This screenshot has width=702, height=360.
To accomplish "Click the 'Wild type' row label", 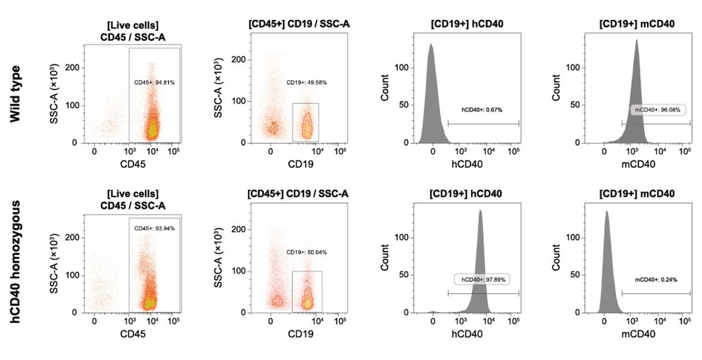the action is [x=15, y=94].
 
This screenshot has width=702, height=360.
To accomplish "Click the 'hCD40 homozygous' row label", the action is [x=15, y=262].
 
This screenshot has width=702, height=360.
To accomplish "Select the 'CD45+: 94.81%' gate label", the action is [x=155, y=83].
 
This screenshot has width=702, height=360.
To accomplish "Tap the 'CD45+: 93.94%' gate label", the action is [x=155, y=229].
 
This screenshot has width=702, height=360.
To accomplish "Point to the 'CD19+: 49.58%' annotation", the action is [x=307, y=83].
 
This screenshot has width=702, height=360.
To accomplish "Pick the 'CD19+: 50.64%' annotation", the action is [x=307, y=252].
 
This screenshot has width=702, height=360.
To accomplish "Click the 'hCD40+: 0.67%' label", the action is [x=482, y=110].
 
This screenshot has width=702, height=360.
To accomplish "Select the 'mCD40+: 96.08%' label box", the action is [x=658, y=110].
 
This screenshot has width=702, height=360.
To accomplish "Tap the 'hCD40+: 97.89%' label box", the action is [x=482, y=280].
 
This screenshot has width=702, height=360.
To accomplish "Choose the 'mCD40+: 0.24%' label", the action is [x=656, y=280].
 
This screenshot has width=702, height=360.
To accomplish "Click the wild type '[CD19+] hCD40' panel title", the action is [x=467, y=24].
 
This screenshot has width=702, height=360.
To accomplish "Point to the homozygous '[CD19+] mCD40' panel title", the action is [x=637, y=194].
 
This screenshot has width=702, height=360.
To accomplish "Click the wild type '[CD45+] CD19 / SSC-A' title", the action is [x=299, y=24].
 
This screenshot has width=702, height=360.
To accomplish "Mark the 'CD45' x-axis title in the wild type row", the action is [x=133, y=164].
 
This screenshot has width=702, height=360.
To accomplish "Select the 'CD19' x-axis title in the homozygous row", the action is [x=301, y=334].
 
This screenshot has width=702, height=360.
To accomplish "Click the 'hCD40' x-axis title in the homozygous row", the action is [x=467, y=334].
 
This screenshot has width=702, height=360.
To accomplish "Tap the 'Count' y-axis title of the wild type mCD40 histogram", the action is [x=556, y=88].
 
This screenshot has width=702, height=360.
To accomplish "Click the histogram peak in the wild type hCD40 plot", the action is [x=431, y=44].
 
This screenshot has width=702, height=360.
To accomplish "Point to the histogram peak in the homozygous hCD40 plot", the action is [x=480, y=210].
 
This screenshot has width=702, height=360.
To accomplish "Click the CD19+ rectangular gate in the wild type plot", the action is [x=292, y=122].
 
